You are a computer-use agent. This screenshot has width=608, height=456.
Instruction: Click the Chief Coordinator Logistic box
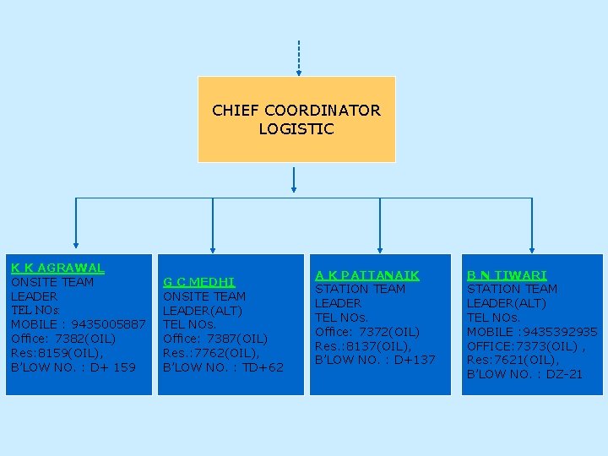click(296, 119)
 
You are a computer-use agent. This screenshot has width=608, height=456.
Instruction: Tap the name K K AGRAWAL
click(57, 268)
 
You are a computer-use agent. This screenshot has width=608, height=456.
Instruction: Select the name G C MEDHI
click(198, 282)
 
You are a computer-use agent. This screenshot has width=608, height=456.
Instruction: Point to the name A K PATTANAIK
click(366, 275)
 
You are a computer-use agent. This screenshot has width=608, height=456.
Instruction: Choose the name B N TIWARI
click(507, 275)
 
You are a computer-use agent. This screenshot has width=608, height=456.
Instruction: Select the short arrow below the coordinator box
click(294, 179)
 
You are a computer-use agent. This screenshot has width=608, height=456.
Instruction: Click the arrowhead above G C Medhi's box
click(210, 247)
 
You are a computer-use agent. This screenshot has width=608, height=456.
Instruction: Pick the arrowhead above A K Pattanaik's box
click(380, 247)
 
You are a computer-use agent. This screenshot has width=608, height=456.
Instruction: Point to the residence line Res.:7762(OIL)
click(210, 353)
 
